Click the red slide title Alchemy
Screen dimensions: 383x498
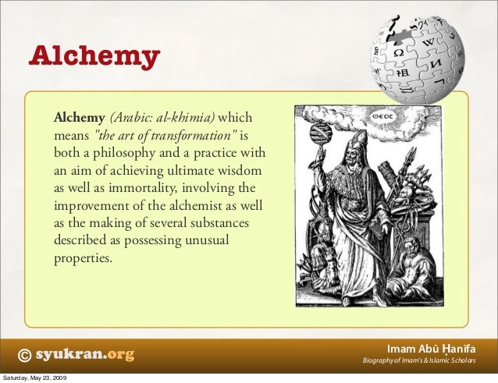click(x=94, y=58)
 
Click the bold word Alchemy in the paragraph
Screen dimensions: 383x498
click(x=79, y=119)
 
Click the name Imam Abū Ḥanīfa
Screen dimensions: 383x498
click(x=432, y=348)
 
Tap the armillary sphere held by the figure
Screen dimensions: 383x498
click(x=318, y=131)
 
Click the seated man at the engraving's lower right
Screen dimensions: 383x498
click(x=405, y=269)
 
